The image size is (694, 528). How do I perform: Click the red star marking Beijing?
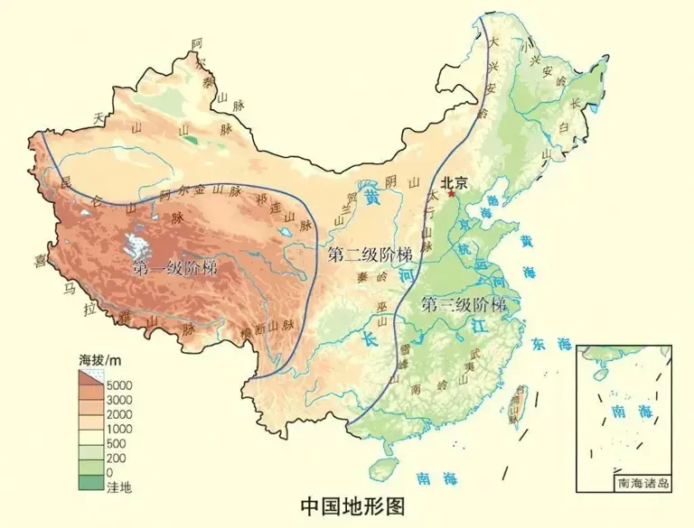tap(452, 192)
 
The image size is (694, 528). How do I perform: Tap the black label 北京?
tap(454, 181)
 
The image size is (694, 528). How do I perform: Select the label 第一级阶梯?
tap(174, 268)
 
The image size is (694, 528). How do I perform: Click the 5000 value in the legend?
tap(119, 385)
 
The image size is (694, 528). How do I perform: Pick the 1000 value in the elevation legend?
tap(119, 429)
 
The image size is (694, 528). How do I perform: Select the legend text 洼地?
tap(119, 487)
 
